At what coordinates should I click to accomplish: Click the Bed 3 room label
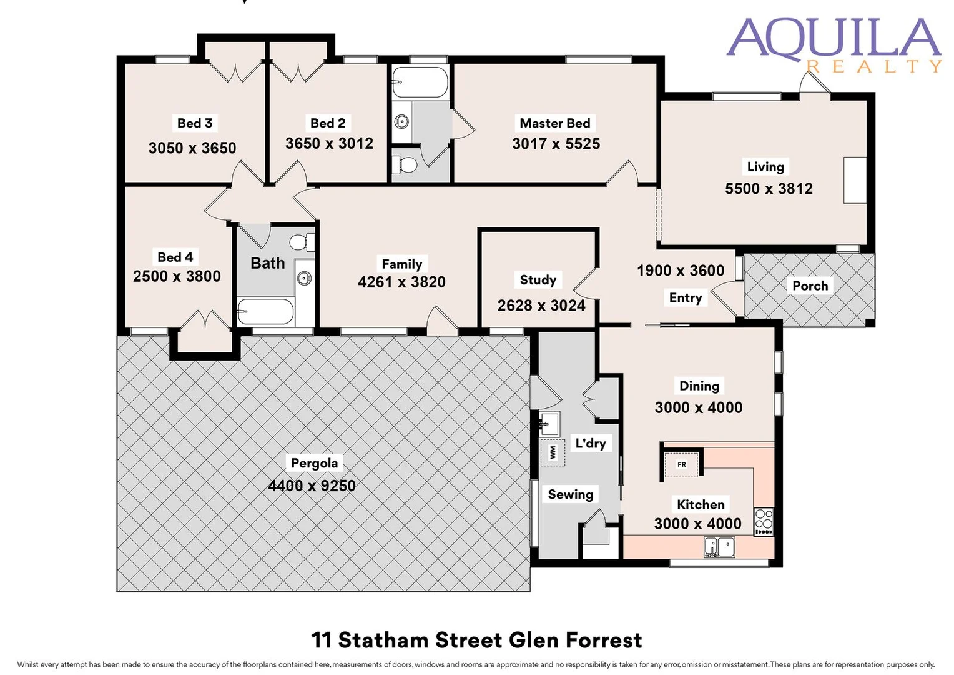[195, 123]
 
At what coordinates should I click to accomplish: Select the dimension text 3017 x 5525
[556, 144]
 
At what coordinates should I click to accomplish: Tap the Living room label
[765, 167]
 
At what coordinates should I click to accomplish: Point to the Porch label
[810, 286]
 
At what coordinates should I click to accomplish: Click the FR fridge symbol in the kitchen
[681, 465]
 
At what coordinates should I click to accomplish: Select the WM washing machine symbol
[553, 452]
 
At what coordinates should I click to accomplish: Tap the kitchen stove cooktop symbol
[764, 522]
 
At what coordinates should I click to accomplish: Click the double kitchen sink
[719, 547]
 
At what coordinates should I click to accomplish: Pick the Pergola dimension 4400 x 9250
[312, 486]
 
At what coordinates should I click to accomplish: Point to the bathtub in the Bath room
[265, 311]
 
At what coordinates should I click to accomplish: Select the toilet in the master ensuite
[405, 165]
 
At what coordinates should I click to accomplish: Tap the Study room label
[538, 280]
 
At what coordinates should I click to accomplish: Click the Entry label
[685, 298]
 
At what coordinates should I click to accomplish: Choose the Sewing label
[570, 494]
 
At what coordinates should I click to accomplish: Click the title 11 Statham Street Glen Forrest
[476, 640]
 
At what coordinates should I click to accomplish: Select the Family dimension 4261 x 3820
[401, 282]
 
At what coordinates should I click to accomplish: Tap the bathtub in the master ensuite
[420, 82]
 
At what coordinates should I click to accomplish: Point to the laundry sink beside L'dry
[549, 424]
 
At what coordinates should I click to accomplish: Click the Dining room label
[699, 386]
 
